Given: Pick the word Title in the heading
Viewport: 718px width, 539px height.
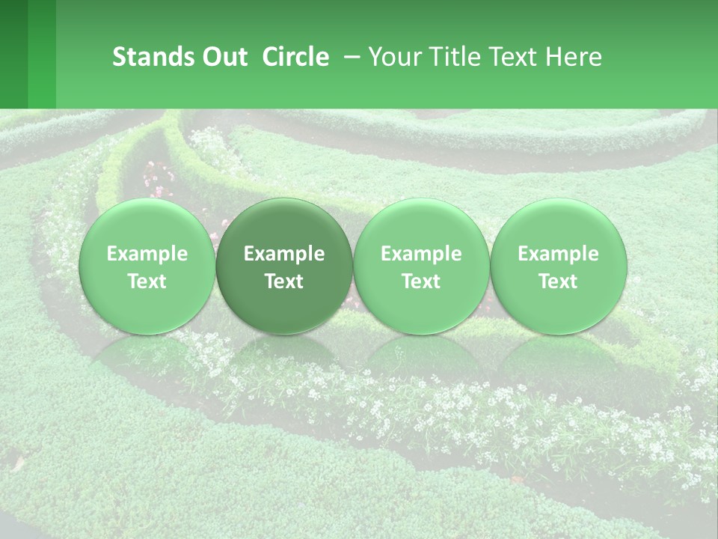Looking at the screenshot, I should (x=449, y=58).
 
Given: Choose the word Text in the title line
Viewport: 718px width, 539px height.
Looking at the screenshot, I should (x=509, y=58).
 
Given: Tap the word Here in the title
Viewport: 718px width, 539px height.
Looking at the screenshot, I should (x=573, y=58).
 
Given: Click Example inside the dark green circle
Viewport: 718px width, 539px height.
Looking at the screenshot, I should (x=284, y=255).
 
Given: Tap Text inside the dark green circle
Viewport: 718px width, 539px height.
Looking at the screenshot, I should (x=284, y=281).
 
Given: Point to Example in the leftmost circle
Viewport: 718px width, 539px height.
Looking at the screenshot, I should (x=147, y=255).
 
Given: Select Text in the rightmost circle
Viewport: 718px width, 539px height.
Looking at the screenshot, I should (x=559, y=281).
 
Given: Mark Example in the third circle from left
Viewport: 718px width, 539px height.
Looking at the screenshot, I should (x=421, y=255).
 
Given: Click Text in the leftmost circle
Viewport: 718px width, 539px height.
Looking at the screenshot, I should (x=147, y=281).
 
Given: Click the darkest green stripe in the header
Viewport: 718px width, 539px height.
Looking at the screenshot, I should (x=13, y=54).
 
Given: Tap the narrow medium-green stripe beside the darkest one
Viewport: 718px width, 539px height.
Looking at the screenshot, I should (x=42, y=54).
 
